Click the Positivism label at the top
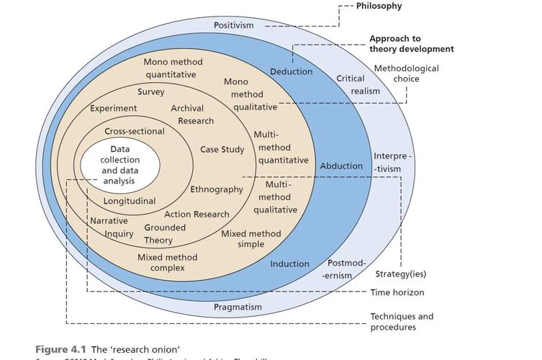[234, 26]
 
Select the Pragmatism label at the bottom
[238, 307]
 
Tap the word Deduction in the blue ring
[292, 72]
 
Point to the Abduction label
[341, 166]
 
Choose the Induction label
[290, 264]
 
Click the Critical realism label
[356, 84]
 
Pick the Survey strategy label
[151, 92]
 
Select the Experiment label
[114, 109]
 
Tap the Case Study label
[222, 150]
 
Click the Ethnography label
[217, 190]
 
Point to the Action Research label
[197, 215]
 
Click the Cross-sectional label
[135, 132]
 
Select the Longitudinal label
[130, 201]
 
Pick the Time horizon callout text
[397, 293]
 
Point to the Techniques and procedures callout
[402, 322]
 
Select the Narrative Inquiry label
[110, 228]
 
